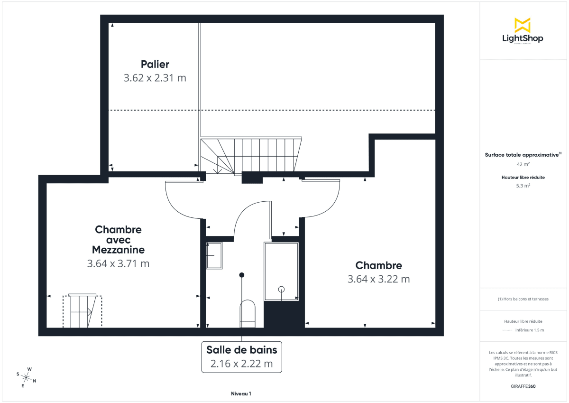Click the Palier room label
click(155, 64)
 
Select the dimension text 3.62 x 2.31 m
click(155, 78)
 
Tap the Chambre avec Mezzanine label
click(118, 239)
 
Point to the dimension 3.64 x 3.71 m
click(118, 264)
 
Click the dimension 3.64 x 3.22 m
click(378, 279)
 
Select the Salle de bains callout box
click(241, 357)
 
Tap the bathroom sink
click(214, 256)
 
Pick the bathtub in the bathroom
click(281, 272)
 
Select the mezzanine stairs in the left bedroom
click(82, 311)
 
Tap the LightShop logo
click(522, 31)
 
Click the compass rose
click(27, 377)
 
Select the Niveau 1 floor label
click(241, 394)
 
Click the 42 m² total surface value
click(523, 164)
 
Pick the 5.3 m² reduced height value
click(523, 186)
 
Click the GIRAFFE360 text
click(523, 386)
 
